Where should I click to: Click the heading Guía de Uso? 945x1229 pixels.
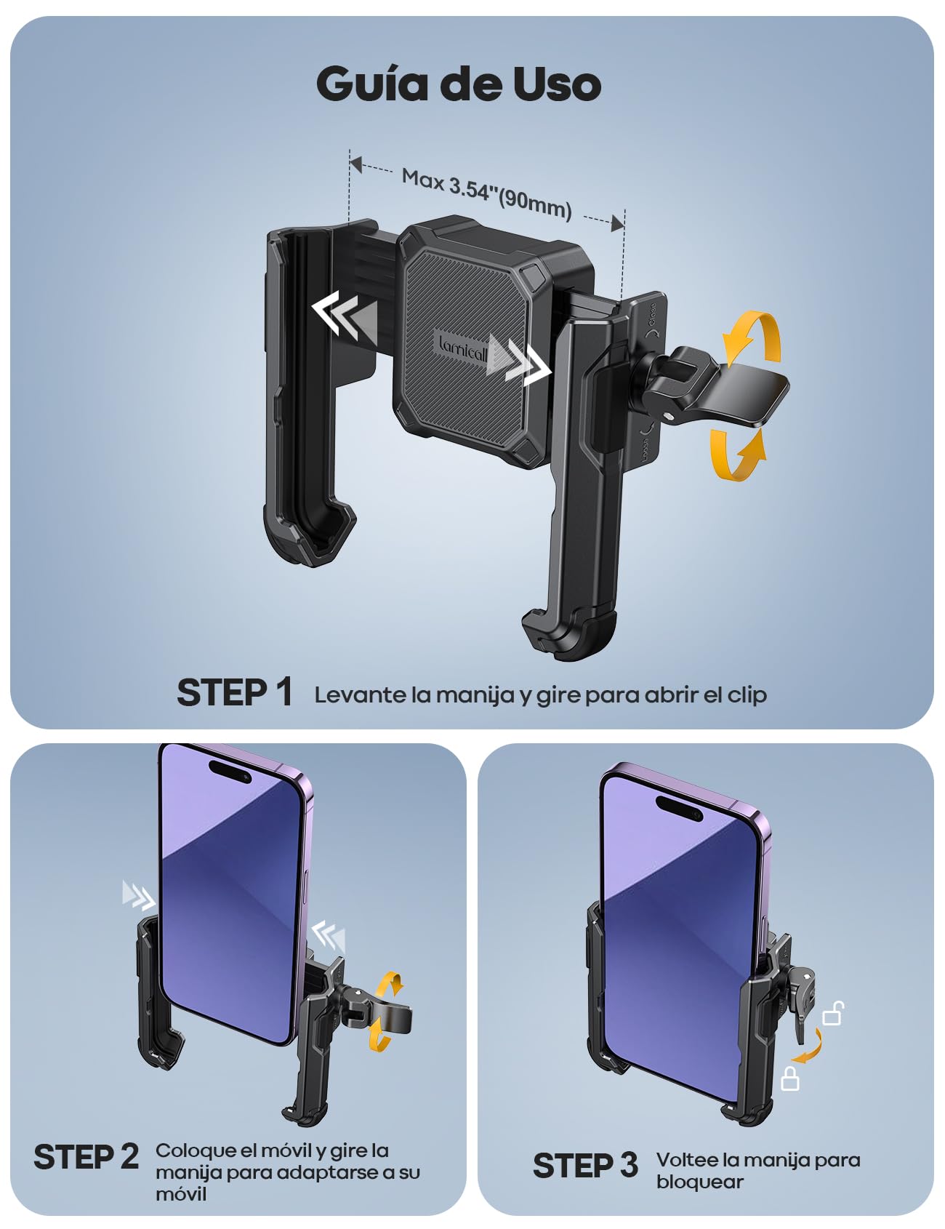click(x=459, y=85)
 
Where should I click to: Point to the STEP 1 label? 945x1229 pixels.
click(x=235, y=692)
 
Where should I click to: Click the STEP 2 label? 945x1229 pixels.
click(x=86, y=1157)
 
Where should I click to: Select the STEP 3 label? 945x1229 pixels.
click(x=585, y=1166)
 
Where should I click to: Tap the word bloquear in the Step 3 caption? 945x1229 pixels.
click(x=699, y=1182)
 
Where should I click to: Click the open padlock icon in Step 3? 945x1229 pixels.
click(x=833, y=1013)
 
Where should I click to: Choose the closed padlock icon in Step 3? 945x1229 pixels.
click(x=790, y=1078)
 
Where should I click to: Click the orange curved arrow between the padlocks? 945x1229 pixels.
click(x=808, y=1047)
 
